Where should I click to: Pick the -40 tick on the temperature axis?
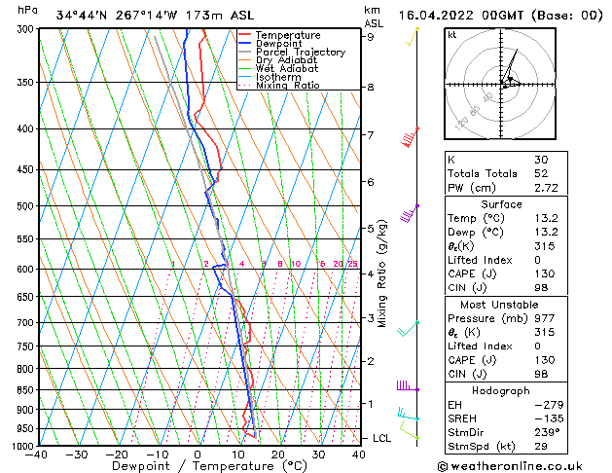(38, 455)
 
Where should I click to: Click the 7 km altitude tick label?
(370, 134)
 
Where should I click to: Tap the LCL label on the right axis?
(383, 438)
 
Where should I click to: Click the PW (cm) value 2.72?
(546, 188)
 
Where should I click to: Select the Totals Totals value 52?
(540, 173)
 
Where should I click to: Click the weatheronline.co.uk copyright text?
(523, 464)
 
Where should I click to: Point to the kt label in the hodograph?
(451, 35)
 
